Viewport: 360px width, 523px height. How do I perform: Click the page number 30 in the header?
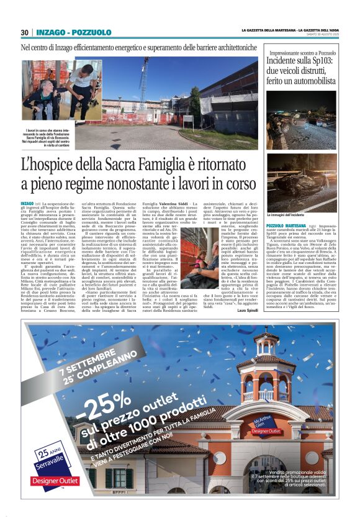pyautogui.click(x=25, y=32)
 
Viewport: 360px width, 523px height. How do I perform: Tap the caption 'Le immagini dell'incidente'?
pyautogui.click(x=284, y=214)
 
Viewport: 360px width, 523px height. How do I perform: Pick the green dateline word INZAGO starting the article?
pyautogui.click(x=27, y=204)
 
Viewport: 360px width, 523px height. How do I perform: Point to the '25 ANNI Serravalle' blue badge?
pyautogui.click(x=50, y=457)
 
